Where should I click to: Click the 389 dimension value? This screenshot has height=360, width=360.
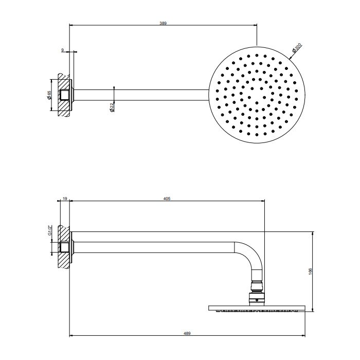point(163,23)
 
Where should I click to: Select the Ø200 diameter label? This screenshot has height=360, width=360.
point(297,48)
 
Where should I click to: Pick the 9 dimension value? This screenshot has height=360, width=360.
point(62,50)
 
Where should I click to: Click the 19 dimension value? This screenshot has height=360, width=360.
point(65,198)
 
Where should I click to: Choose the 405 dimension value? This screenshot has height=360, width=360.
point(167,198)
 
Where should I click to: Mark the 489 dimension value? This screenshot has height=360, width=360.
point(187,333)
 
